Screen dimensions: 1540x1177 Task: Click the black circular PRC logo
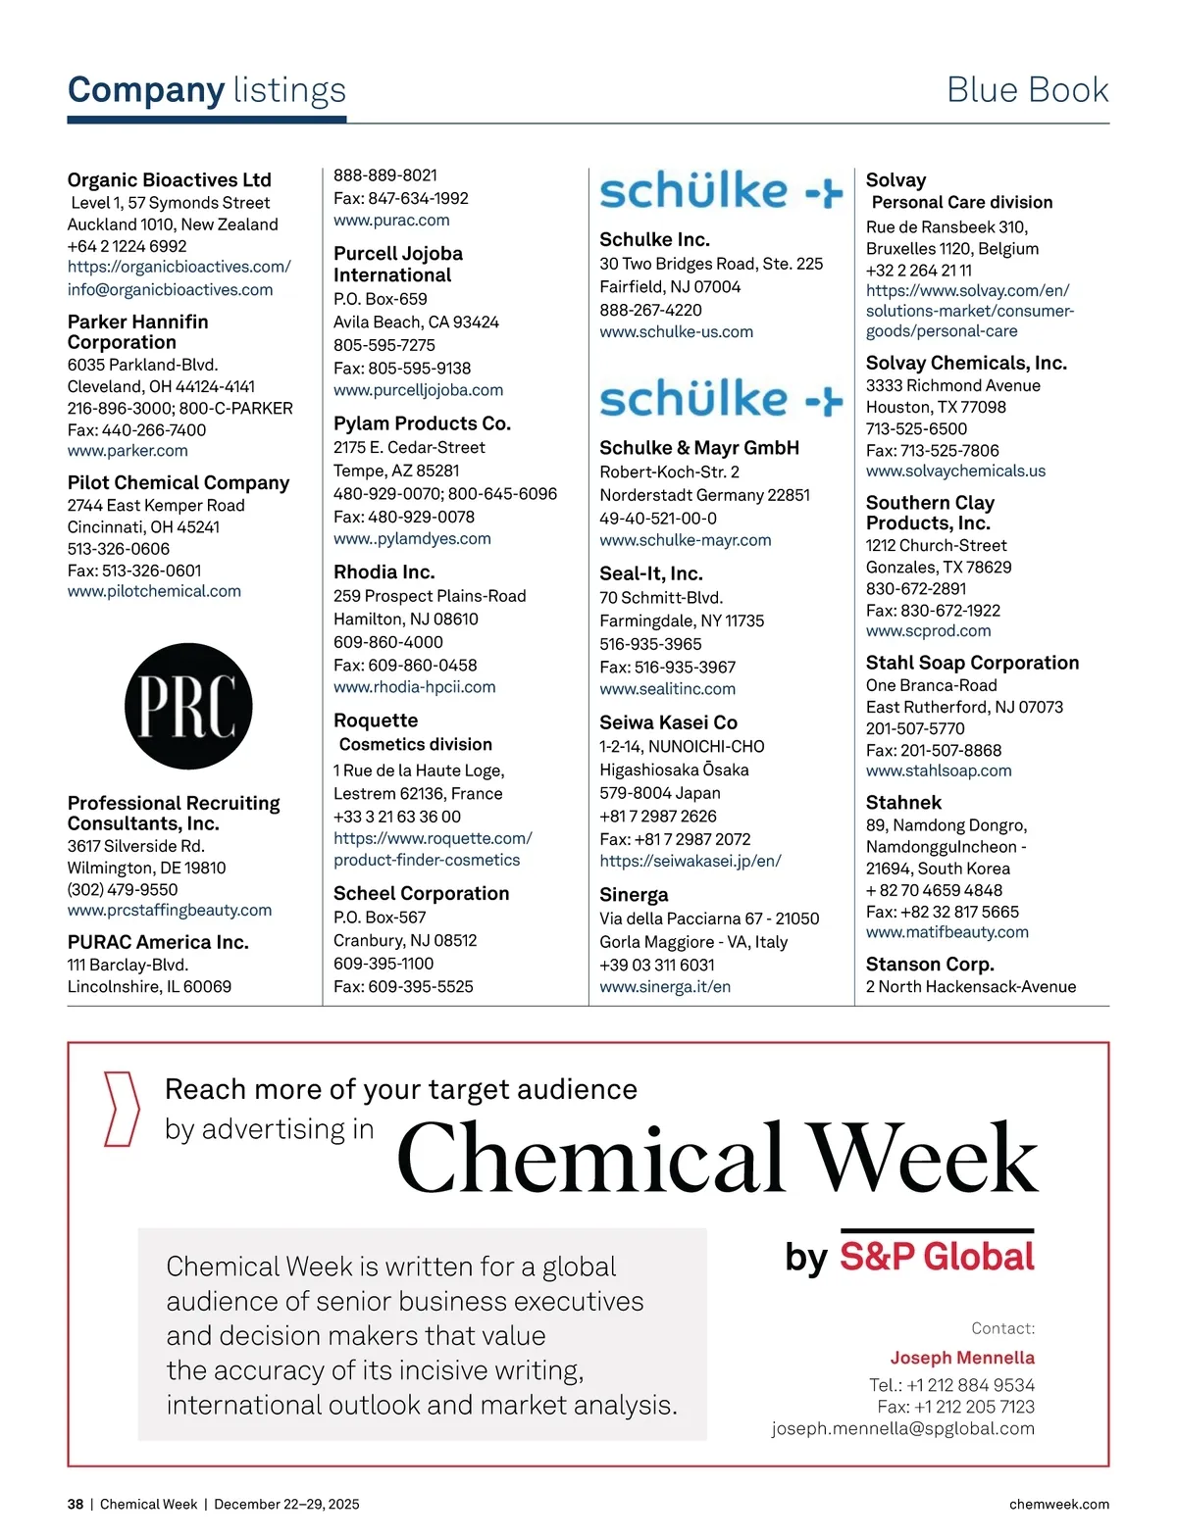pos(188,706)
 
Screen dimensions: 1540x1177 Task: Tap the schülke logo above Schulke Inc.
pos(721,191)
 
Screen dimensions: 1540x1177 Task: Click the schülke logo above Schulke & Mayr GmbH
pos(721,399)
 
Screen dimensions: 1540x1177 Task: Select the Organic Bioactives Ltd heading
pos(169,179)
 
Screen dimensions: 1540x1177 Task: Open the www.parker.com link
pos(128,451)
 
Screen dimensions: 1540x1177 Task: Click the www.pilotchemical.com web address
pos(154,591)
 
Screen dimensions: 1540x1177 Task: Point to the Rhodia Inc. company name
pos(384,571)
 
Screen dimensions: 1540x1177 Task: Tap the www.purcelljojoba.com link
pos(418,390)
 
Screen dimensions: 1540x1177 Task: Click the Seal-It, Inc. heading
pos(651,573)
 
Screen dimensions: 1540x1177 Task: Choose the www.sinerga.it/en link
pos(665,987)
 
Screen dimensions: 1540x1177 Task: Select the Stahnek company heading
pos(903,802)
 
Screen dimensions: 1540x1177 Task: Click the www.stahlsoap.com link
pos(939,770)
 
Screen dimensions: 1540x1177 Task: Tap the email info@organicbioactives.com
pos(170,289)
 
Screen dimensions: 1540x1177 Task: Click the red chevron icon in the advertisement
pos(122,1109)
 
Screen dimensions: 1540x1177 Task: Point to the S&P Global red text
pos(937,1257)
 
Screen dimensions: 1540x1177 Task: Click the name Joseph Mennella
pos(962,1358)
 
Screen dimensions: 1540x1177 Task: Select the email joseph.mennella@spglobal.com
pos(902,1428)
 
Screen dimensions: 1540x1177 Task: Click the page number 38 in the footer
pos(76,1504)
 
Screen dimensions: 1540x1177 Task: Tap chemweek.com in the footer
pos(1058,1504)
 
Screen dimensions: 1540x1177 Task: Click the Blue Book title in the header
pos(1027,90)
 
